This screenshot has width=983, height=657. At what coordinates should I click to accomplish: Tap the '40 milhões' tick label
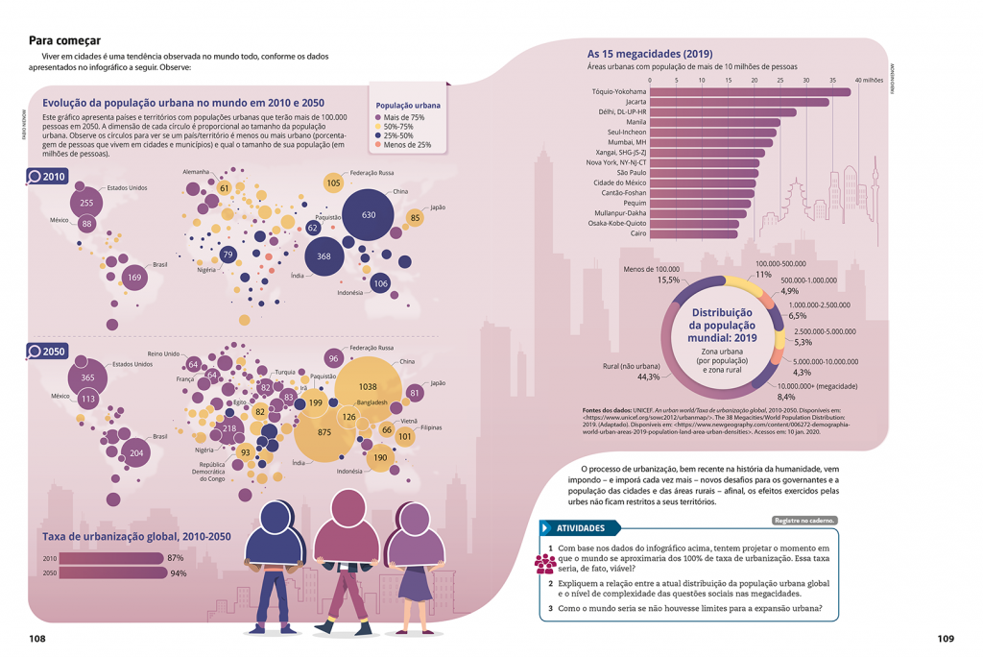(868, 80)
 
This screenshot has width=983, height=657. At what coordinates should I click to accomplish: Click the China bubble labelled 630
(368, 215)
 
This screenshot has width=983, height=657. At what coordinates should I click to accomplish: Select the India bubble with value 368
(324, 256)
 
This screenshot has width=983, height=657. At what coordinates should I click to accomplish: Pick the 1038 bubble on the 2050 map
(367, 386)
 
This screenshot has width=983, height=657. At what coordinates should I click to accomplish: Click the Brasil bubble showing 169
(134, 279)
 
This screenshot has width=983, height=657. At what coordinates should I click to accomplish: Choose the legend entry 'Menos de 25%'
(405, 145)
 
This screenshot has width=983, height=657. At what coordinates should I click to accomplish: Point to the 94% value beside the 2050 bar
(178, 573)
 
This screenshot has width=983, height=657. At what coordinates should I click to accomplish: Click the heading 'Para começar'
(64, 40)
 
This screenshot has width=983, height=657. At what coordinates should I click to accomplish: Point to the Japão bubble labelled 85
(415, 218)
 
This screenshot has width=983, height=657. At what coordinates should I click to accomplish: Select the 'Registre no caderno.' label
(804, 521)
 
